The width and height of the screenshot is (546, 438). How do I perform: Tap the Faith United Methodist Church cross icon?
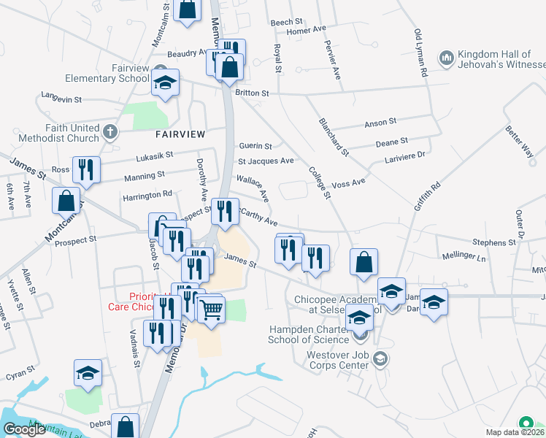109,132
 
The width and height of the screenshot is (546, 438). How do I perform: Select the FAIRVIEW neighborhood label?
180,134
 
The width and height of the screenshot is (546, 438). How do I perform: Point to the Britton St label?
252,93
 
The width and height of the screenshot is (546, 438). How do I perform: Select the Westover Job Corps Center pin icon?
379,358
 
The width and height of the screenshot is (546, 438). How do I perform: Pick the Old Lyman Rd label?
420,53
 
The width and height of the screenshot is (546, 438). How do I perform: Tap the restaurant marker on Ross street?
87,170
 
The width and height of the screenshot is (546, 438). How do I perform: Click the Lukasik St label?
154,155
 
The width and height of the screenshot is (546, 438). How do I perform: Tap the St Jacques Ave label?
266,161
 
